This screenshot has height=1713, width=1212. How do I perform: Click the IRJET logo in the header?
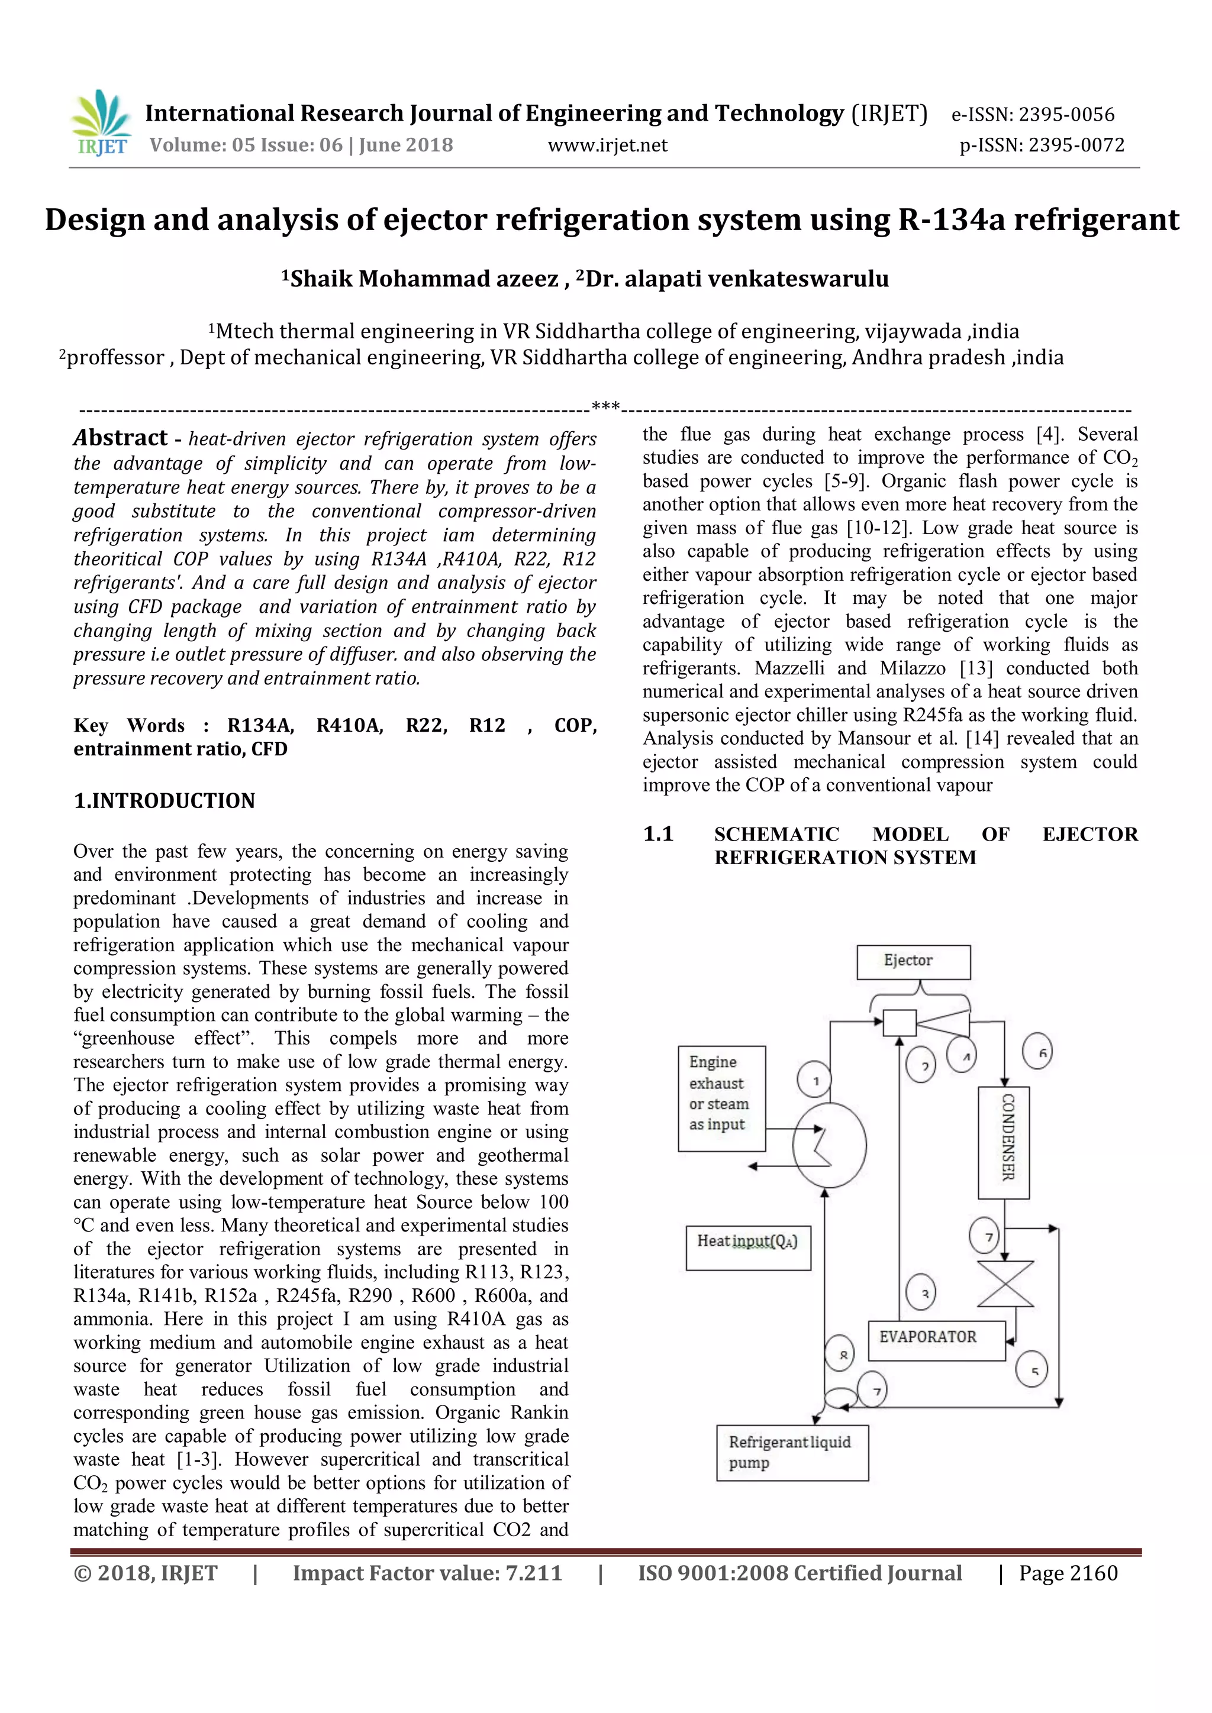101,124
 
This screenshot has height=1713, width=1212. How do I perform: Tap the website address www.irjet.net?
608,146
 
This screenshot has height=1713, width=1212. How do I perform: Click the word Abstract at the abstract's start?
120,437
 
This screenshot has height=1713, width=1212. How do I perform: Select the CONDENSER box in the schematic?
1004,1142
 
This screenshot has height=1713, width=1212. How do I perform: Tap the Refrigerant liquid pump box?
792,1452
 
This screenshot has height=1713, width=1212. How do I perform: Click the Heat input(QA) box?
748,1242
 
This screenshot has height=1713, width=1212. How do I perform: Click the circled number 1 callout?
815,1080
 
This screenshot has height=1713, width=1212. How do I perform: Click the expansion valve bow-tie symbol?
1005,1283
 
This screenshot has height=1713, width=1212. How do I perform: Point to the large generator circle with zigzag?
829,1145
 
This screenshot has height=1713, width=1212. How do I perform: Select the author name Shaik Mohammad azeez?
423,279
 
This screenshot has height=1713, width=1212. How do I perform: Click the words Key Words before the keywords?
129,725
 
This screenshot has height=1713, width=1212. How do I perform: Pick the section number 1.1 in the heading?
658,834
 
